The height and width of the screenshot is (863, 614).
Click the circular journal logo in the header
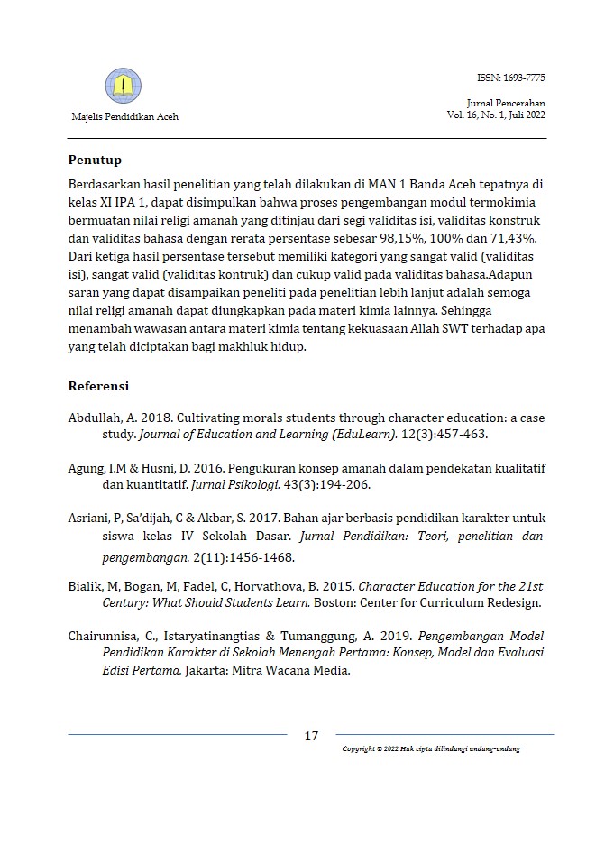[x=124, y=87]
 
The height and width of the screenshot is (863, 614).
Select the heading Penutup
[x=95, y=161]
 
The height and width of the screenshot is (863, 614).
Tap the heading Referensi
[x=98, y=386]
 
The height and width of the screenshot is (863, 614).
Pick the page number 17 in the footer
[x=311, y=736]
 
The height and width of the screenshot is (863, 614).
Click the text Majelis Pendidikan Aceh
[x=124, y=116]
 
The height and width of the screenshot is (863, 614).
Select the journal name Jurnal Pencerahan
[x=506, y=104]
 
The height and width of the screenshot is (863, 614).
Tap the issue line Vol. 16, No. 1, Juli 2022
[x=495, y=115]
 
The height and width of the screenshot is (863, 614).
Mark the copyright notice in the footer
[x=431, y=749]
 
